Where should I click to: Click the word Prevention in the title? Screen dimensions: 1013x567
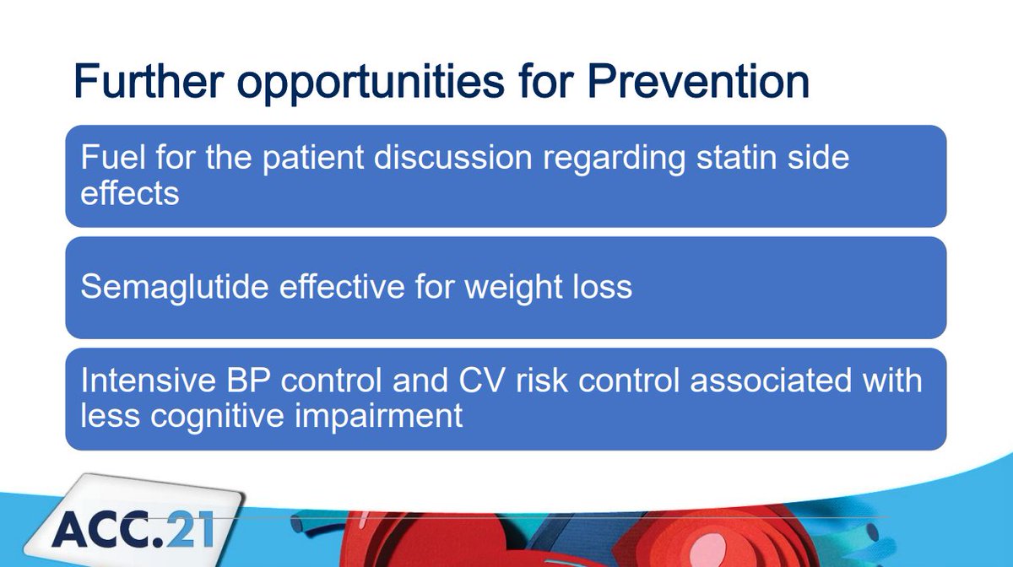tap(698, 81)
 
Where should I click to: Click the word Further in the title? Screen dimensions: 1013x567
tap(149, 81)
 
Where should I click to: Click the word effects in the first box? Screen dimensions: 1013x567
tap(130, 193)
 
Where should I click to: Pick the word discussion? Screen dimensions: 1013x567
tap(452, 157)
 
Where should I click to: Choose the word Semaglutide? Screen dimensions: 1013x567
tap(175, 287)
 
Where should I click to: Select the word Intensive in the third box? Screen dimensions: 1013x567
tap(149, 380)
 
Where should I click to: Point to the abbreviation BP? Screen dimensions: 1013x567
tap(248, 380)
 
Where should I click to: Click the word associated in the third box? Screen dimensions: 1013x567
tap(771, 380)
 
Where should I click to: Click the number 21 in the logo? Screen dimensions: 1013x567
tap(190, 529)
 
